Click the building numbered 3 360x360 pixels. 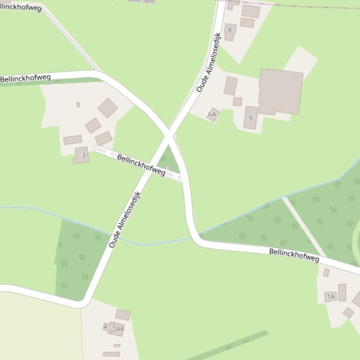tap(81, 155)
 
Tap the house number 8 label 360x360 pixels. tap(229, 30)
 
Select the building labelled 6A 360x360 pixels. tap(213, 114)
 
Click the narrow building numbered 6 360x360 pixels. tap(250, 117)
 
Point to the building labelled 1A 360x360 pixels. tap(331, 296)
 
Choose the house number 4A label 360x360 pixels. tap(120, 329)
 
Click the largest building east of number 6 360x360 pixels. tap(280, 92)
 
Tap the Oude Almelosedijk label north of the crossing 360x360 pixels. tap(208, 62)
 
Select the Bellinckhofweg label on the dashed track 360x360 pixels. tap(141, 165)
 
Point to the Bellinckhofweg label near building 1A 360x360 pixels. tap(294, 255)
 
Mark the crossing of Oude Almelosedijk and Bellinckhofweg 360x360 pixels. tap(169, 137)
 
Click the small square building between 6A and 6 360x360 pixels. tap(237, 101)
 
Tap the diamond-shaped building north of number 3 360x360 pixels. tap(108, 108)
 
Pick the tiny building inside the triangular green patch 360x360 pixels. tap(167, 167)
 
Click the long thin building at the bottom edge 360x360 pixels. tap(111, 354)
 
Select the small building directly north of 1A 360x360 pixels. tap(326, 273)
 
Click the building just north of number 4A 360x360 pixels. tap(123, 315)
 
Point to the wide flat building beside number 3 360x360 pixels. tap(73, 140)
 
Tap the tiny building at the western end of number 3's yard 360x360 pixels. tap(78, 105)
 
